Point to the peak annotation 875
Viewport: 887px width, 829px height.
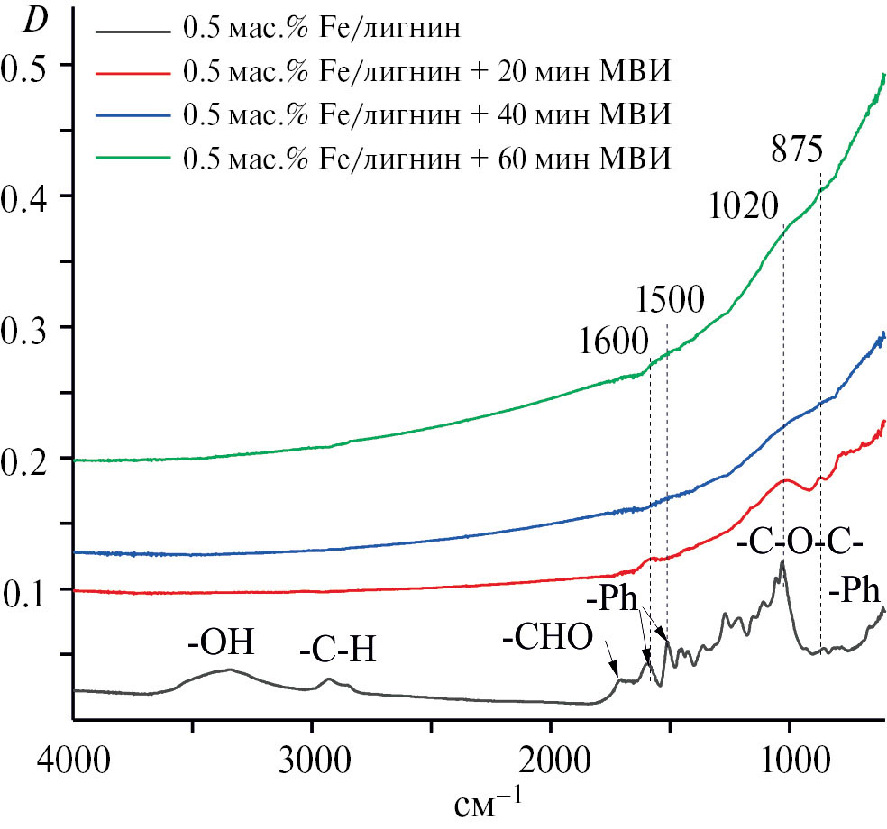click(x=797, y=150)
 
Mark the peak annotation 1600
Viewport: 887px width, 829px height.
click(x=614, y=342)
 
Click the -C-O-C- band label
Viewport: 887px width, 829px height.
click(x=800, y=544)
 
